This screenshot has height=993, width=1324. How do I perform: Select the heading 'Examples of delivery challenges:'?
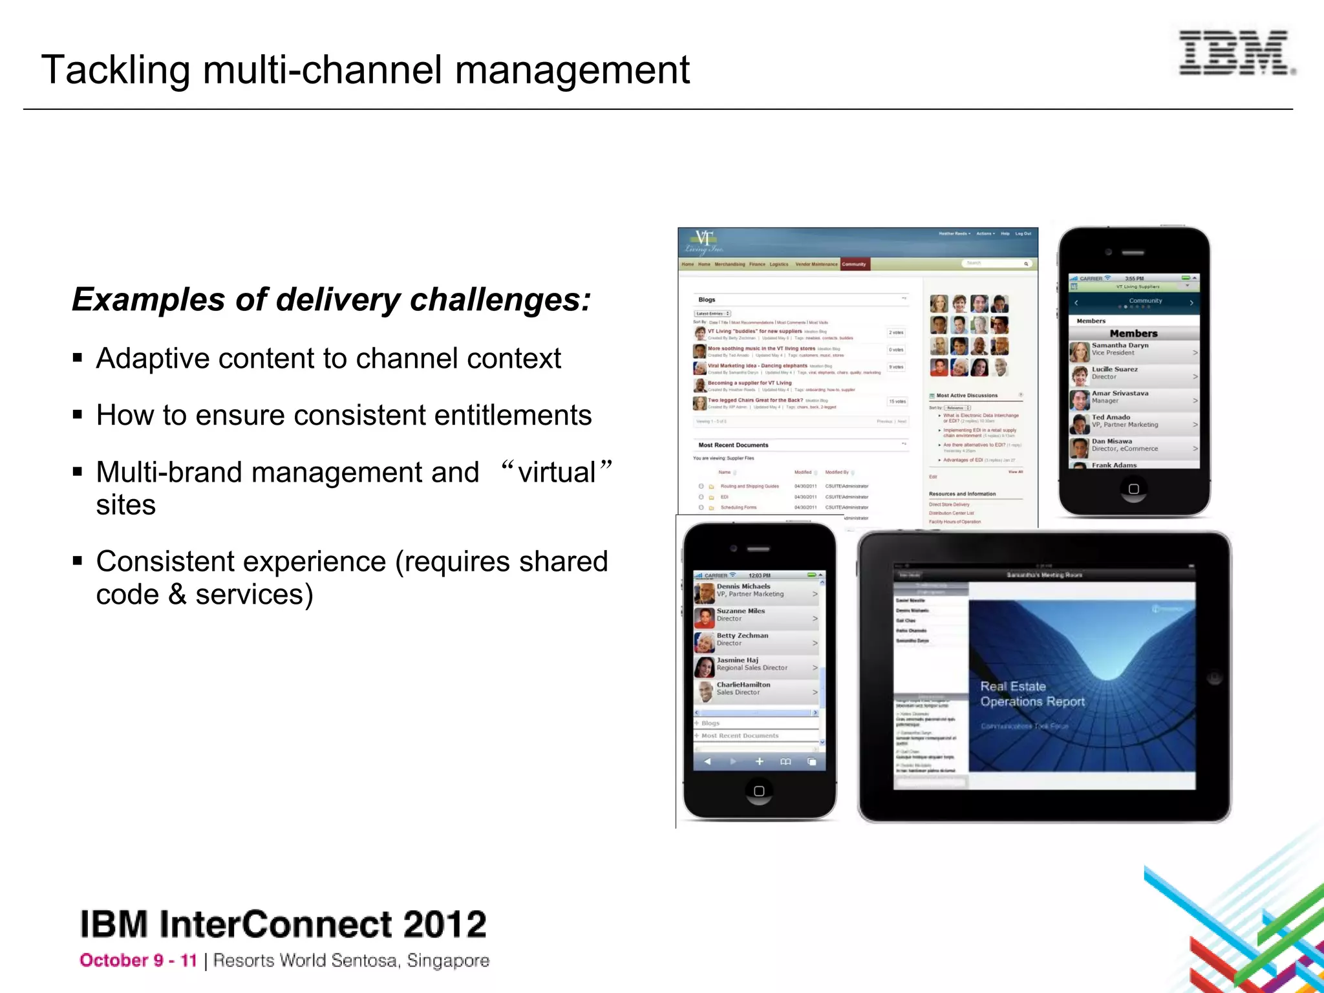pos(331,300)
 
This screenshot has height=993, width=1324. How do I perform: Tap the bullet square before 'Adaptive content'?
pos(78,358)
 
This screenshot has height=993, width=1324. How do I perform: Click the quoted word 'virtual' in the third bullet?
pos(556,472)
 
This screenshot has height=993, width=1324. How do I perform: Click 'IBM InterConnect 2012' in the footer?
pos(283,924)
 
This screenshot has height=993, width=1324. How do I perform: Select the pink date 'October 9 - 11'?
pos(138,961)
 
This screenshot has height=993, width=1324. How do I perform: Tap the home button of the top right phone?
pos(1133,489)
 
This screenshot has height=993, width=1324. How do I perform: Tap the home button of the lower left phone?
pos(759,791)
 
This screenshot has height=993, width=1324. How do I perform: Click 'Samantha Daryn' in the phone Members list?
pos(1120,345)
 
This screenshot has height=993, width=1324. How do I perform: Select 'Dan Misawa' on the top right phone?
pos(1112,441)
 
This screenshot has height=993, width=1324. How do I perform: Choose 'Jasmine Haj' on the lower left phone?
pos(737,660)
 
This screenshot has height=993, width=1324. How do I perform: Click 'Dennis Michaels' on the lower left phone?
pos(743,586)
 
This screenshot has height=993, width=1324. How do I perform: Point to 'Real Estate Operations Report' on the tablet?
pos(1032,694)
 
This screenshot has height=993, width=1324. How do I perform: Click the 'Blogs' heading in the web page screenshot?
pos(707,300)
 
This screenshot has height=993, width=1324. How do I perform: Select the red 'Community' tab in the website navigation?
pos(853,264)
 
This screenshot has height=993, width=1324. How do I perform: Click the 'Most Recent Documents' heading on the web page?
pos(733,445)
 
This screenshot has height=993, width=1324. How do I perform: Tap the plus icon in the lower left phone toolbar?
pos(759,762)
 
